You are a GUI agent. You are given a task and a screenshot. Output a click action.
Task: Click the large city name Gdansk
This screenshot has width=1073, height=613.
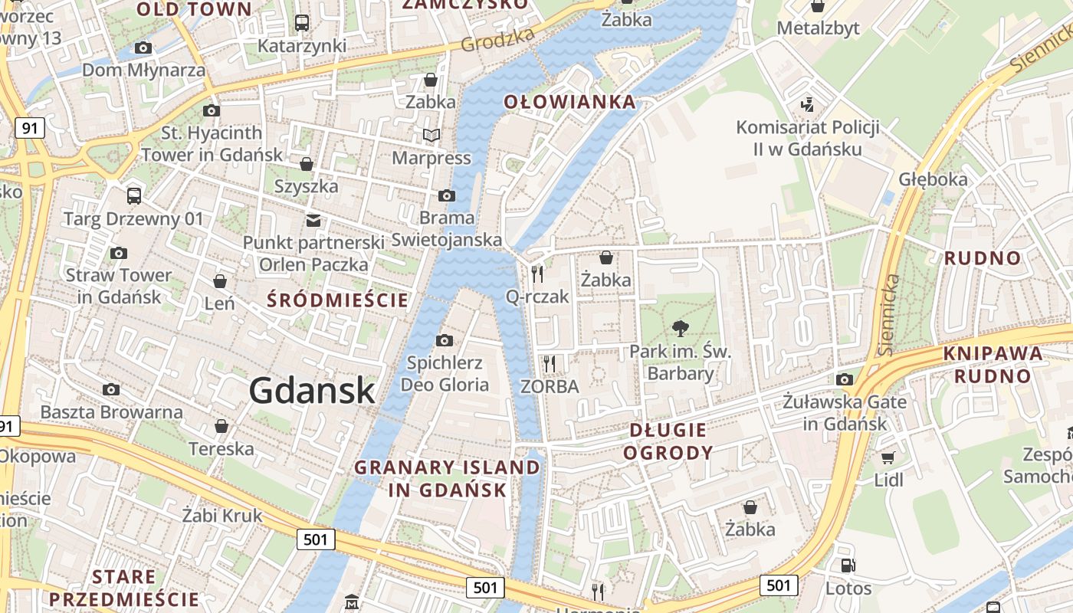point(312,391)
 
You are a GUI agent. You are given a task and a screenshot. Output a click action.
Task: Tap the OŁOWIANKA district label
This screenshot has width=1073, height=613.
point(569,102)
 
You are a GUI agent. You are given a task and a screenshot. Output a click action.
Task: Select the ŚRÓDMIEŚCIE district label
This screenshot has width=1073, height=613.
point(338,300)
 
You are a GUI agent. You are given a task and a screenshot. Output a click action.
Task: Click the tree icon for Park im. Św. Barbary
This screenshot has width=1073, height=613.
point(680,329)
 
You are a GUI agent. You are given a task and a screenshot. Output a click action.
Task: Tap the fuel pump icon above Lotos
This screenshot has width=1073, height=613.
point(848,566)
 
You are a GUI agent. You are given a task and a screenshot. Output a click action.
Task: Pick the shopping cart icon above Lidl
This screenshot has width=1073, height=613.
point(888,458)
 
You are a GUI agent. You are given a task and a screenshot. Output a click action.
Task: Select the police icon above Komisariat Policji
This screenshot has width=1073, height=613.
point(806,103)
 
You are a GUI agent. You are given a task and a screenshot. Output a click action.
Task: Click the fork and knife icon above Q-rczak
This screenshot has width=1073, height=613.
point(537,274)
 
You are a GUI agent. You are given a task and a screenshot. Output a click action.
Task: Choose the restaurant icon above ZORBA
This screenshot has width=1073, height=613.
point(549,363)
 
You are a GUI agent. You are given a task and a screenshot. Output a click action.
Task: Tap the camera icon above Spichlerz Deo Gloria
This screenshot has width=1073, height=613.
point(445,340)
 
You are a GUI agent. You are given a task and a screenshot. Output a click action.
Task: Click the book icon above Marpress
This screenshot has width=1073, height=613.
point(431,136)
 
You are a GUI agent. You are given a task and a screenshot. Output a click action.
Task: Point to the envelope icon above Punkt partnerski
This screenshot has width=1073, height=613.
point(313,221)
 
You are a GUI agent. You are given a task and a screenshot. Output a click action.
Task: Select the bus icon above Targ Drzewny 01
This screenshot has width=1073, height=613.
point(134,196)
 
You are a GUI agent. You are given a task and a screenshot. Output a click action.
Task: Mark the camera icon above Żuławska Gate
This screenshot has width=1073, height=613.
point(845,379)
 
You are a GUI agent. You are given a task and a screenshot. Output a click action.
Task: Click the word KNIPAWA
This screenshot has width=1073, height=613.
point(993,354)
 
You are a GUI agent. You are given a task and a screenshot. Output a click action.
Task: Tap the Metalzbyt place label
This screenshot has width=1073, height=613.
point(819,28)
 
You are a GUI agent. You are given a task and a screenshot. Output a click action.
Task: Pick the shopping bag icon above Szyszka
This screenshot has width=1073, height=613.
point(307,164)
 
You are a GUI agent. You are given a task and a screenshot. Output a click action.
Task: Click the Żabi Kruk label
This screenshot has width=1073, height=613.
point(222,516)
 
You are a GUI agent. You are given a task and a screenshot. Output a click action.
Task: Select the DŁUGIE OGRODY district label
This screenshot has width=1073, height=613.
point(668,441)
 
